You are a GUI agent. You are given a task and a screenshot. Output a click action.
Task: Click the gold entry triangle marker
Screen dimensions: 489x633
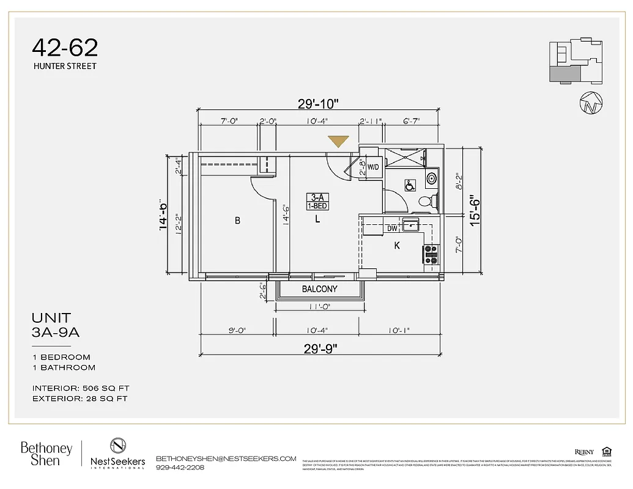(x=338, y=141)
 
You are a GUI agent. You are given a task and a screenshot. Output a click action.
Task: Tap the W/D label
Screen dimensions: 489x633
(x=373, y=167)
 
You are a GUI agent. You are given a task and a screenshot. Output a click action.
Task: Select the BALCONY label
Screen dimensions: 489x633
(x=319, y=289)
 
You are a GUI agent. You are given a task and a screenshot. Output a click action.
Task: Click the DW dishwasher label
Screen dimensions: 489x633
(x=392, y=229)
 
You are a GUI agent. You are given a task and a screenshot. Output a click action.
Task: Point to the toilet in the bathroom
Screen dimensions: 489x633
(x=426, y=200)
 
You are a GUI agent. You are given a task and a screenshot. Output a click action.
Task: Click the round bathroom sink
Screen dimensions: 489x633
(x=432, y=178)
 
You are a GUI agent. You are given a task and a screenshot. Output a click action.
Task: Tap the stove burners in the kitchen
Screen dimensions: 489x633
(x=431, y=254)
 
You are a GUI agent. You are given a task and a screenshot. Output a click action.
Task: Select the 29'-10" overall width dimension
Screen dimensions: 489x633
(x=318, y=103)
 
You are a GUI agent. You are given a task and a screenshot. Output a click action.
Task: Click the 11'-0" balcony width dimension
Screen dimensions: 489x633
(x=319, y=307)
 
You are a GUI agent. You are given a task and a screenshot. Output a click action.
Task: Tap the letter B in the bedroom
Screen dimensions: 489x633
(x=237, y=221)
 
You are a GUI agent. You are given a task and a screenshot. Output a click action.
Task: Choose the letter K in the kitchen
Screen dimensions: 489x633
(x=397, y=246)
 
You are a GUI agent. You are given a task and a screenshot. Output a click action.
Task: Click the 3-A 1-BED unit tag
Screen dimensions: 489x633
(x=317, y=202)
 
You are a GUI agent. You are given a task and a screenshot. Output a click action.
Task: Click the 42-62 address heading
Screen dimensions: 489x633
(x=65, y=48)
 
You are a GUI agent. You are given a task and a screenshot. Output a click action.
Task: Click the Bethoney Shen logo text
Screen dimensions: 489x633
(x=46, y=454)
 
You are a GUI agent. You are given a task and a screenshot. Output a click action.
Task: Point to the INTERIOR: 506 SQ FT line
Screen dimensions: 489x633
(x=81, y=388)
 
